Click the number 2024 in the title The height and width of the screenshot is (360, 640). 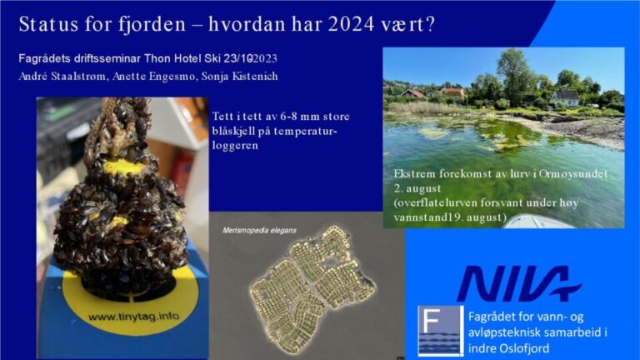pyautogui.click(x=351, y=24)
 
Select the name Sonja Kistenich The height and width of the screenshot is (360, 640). pyautogui.click(x=240, y=77)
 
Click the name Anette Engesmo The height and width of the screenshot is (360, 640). pyautogui.click(x=153, y=77)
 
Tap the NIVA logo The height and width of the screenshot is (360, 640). pyautogui.click(x=519, y=282)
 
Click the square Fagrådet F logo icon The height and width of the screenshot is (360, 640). pyautogui.click(x=441, y=331)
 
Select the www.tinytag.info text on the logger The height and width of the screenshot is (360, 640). pyautogui.click(x=133, y=317)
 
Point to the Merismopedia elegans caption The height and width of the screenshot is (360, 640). pyautogui.click(x=259, y=230)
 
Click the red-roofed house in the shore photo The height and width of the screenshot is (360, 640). pyautogui.click(x=453, y=92)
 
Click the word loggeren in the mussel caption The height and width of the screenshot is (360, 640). pyautogui.click(x=235, y=146)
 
